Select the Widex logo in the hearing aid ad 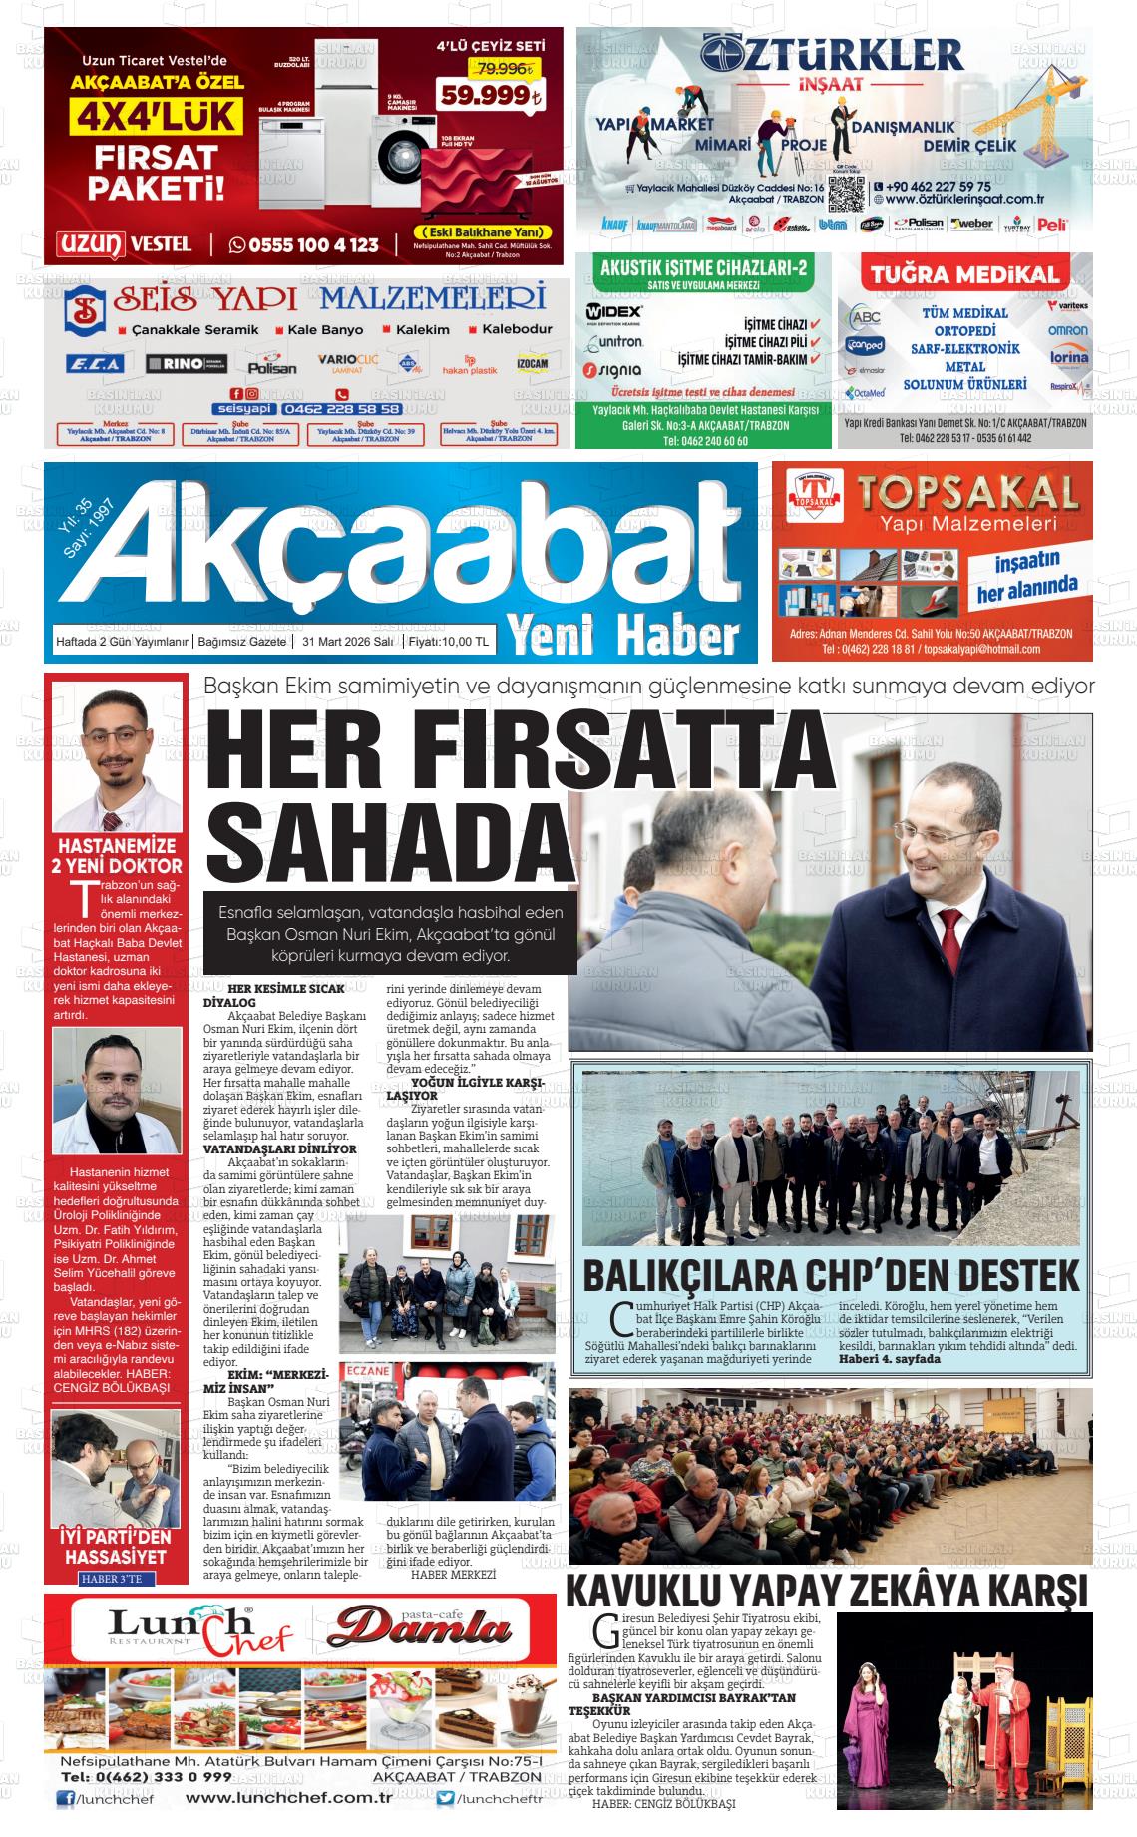tap(614, 311)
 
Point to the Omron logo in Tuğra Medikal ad tap(1067, 330)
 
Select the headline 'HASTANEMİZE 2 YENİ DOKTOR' tap(117, 856)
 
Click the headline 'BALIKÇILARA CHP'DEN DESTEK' tap(831, 1275)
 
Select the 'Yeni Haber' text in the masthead tap(624, 632)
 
